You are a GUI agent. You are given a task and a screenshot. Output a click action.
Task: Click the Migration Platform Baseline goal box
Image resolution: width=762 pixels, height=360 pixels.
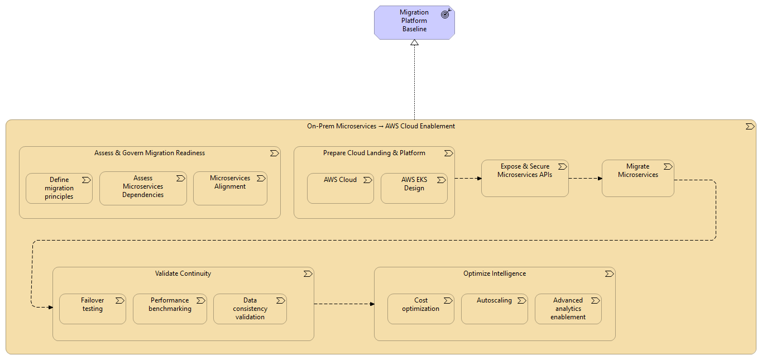pos(414,23)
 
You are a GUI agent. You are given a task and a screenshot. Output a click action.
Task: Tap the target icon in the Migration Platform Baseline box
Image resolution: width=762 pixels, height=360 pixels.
pos(445,14)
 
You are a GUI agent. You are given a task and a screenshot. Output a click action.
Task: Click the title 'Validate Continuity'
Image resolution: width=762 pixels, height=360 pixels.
pos(183,273)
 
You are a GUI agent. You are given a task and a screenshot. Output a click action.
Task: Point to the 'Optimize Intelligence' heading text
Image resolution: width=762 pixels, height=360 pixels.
pos(494,273)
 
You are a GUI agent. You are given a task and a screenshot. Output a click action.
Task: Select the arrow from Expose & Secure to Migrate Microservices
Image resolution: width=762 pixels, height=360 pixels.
pos(585,179)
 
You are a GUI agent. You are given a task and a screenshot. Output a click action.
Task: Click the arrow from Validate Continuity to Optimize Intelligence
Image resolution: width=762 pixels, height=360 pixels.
pos(344,304)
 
